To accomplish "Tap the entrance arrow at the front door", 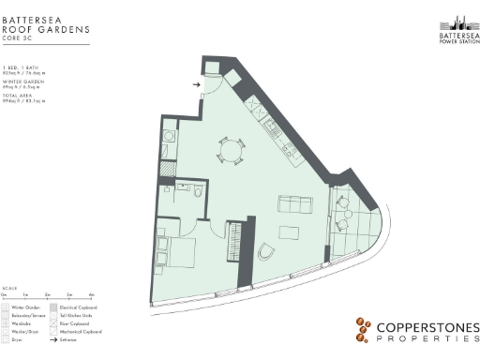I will point(196,84).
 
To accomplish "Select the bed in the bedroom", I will point(178,251).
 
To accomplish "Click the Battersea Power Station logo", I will point(458,29).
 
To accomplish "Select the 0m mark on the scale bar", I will point(5,294).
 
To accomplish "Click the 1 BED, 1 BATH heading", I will point(21,67).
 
